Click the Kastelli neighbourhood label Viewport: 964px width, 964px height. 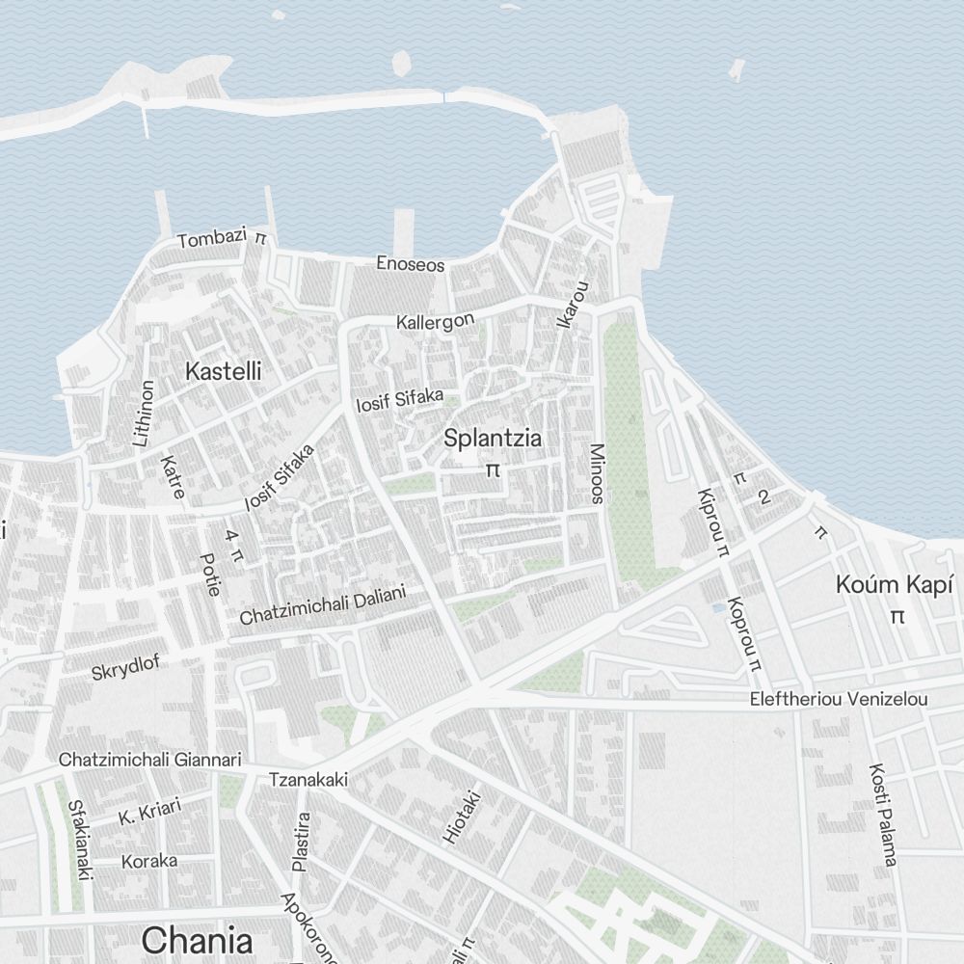click(x=223, y=371)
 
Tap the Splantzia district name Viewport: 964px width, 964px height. click(x=493, y=439)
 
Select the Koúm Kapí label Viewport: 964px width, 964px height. click(x=895, y=585)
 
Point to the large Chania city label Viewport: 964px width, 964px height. click(x=197, y=940)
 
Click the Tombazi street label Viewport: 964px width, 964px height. click(x=212, y=239)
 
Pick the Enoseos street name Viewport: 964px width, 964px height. click(x=411, y=263)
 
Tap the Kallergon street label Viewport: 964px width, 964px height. click(x=435, y=322)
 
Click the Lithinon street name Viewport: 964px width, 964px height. click(x=145, y=413)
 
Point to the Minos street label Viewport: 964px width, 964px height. click(x=597, y=473)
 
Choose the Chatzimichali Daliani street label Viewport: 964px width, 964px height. click(x=323, y=605)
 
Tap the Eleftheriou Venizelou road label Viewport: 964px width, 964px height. click(x=839, y=700)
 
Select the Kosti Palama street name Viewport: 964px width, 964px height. click(x=883, y=814)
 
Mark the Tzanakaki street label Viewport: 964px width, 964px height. click(x=308, y=779)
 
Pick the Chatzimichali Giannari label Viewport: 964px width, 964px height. click(x=149, y=760)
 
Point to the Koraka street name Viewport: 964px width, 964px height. click(x=148, y=861)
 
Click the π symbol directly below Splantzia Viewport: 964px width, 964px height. click(x=493, y=470)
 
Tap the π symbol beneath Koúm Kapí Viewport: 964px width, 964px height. click(x=897, y=616)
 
